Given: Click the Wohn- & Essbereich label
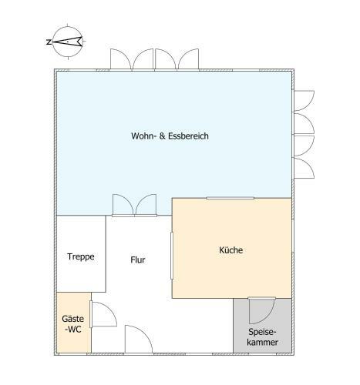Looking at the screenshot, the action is click(x=170, y=136).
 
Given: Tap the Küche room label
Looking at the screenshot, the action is click(x=230, y=250).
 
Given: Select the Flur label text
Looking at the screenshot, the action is click(x=138, y=259).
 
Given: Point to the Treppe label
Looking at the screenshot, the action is click(x=81, y=257).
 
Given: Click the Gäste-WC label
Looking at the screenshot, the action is click(x=73, y=324).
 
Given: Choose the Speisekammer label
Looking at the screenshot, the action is click(x=262, y=337).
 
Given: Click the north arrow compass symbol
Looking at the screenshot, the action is click(x=68, y=42).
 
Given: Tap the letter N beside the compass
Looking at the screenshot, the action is click(x=49, y=42).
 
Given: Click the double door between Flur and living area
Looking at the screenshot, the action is click(x=134, y=205).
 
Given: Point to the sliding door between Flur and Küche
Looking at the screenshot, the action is click(x=172, y=256).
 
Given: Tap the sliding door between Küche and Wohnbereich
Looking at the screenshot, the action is click(x=230, y=198).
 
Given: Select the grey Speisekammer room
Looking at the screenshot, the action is click(x=262, y=326).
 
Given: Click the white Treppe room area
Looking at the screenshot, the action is click(x=81, y=253).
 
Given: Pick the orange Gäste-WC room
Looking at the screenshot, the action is click(x=74, y=323).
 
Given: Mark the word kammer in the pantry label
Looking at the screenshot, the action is click(x=262, y=342).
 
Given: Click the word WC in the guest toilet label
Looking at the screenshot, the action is click(x=74, y=329).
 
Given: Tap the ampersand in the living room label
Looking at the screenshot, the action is click(x=163, y=136).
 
